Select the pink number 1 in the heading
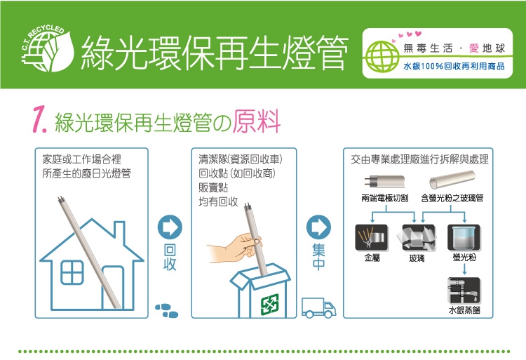tap(39, 120)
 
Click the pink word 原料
tap(257, 121)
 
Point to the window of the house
tap(72, 272)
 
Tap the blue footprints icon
tap(167, 311)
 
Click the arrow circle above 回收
tap(170, 227)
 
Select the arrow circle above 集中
tap(318, 227)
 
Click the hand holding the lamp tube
tap(234, 248)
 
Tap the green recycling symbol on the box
tap(270, 305)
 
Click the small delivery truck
tap(318, 307)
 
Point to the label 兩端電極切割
tap(385, 199)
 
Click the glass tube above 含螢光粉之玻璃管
tap(452, 179)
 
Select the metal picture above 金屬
tap(372, 237)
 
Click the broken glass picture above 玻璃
tap(417, 237)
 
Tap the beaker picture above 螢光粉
tap(464, 237)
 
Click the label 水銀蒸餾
tap(464, 310)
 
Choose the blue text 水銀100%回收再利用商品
tap(454, 66)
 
